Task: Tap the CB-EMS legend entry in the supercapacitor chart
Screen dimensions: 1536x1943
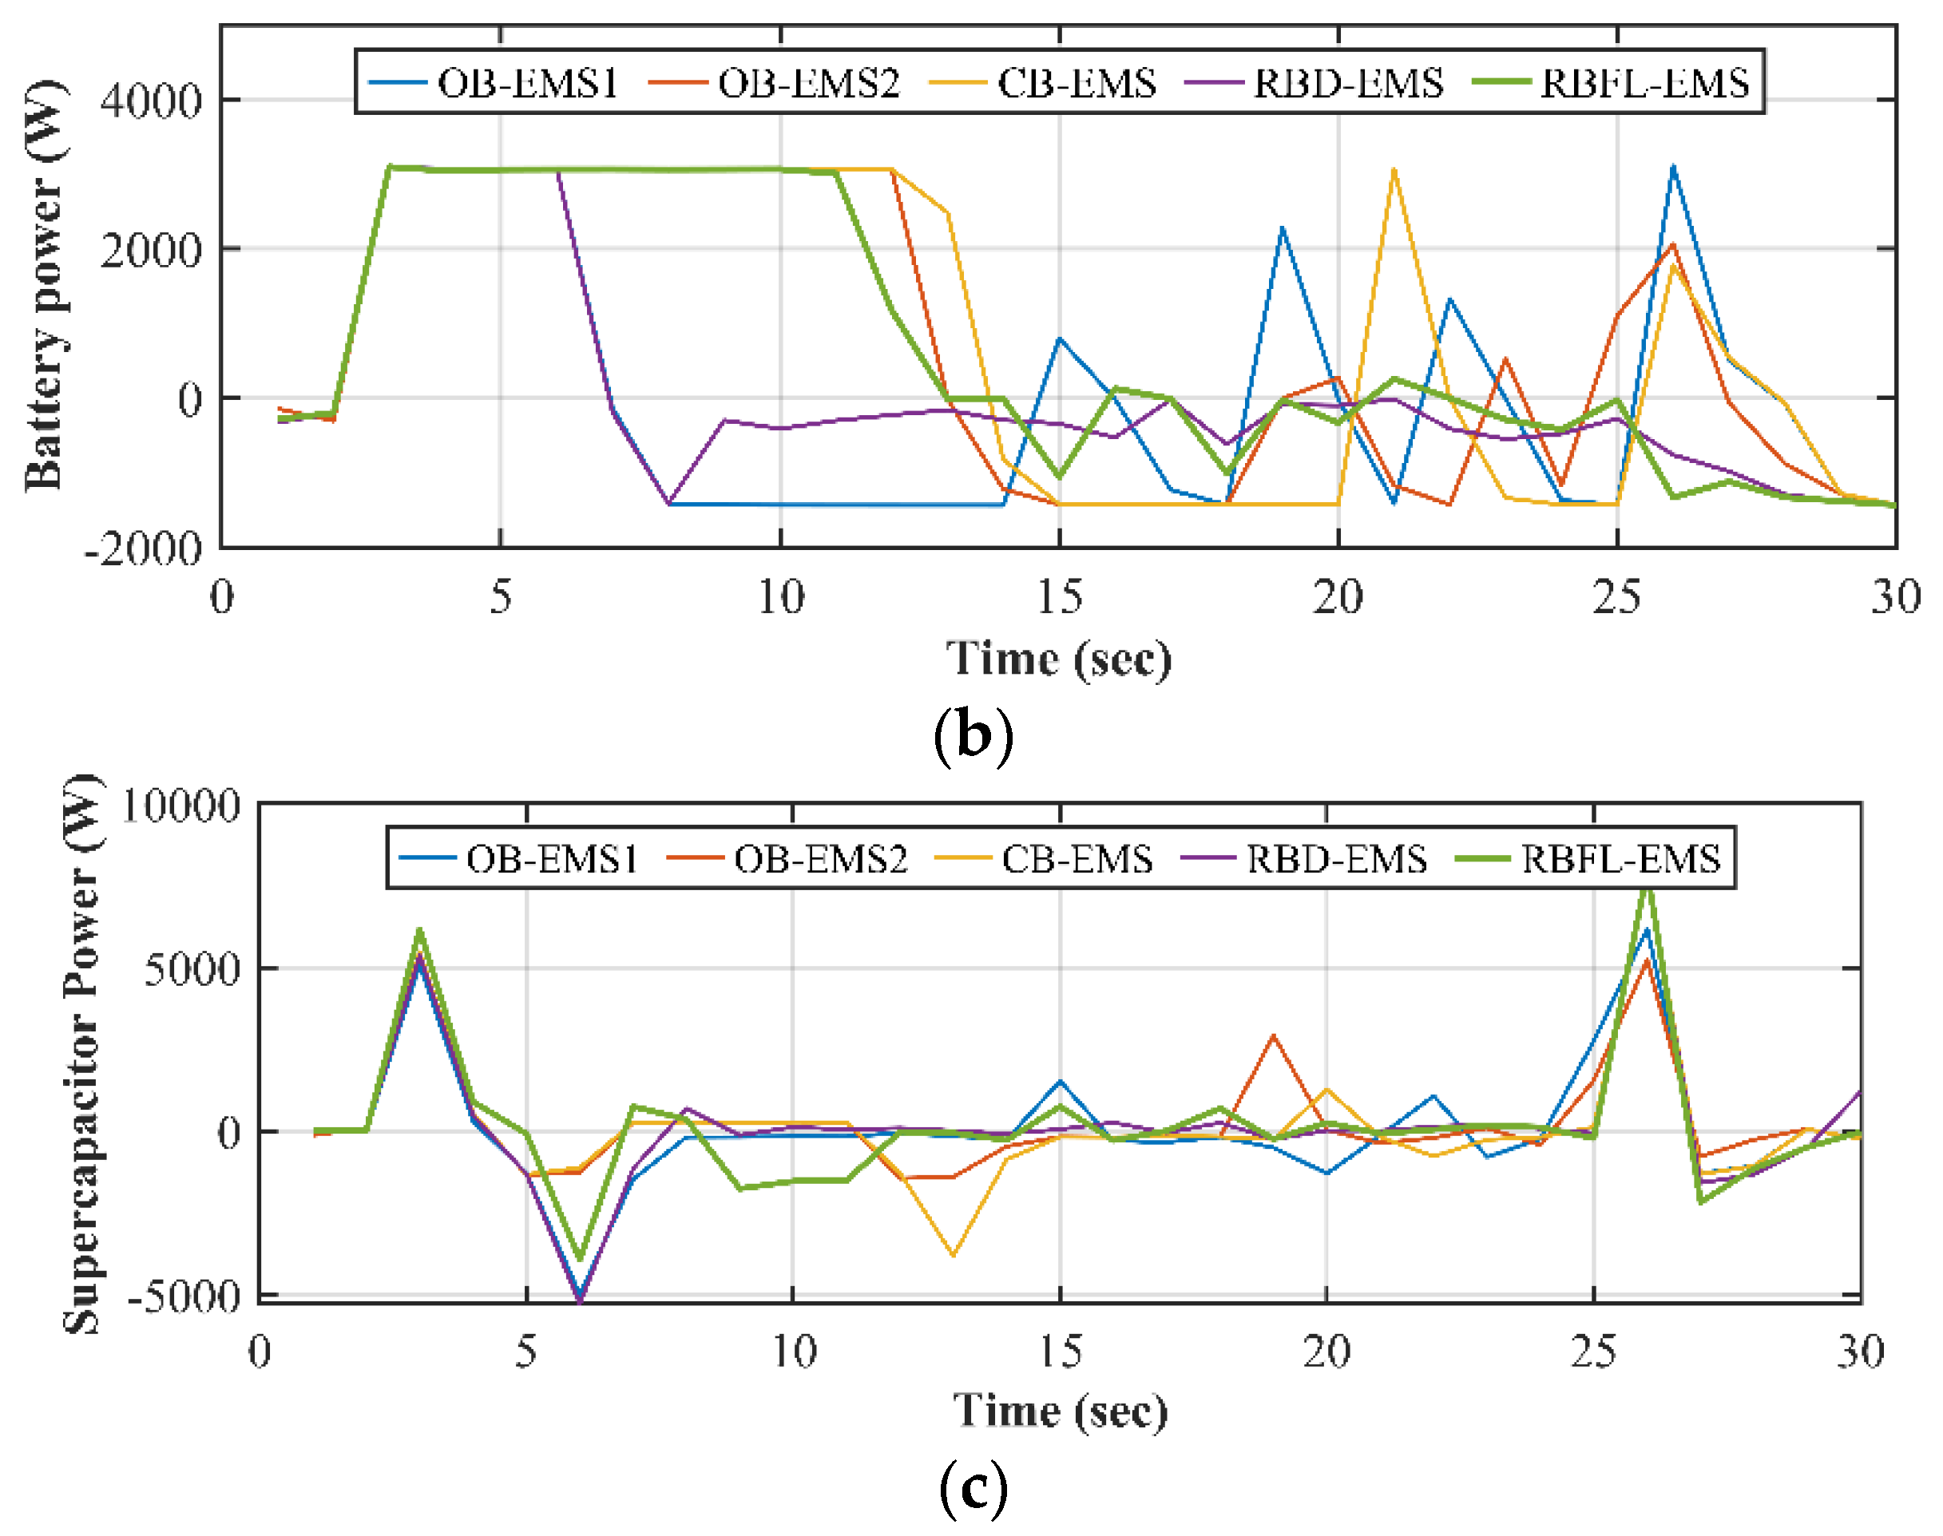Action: [1076, 860]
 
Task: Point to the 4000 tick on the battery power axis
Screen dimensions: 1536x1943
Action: [151, 100]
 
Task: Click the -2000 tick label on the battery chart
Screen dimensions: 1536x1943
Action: [144, 548]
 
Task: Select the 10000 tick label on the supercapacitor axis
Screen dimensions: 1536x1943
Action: [180, 805]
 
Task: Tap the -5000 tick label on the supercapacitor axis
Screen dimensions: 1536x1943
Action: [185, 1296]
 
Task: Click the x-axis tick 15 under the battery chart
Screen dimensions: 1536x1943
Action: [1060, 597]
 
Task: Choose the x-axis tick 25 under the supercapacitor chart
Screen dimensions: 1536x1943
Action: [1593, 1352]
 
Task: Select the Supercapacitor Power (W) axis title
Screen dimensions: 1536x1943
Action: [83, 1053]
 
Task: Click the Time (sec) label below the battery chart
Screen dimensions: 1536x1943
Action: [1059, 659]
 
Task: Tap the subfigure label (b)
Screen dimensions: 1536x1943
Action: [973, 734]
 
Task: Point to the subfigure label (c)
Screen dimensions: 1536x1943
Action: [973, 1488]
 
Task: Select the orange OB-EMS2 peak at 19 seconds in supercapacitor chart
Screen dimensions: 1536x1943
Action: [1273, 1035]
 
